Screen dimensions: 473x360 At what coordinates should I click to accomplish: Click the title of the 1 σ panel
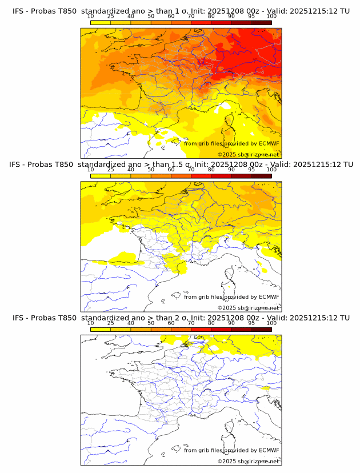click(x=181, y=11)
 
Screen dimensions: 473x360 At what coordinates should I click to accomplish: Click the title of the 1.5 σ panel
click(x=181, y=164)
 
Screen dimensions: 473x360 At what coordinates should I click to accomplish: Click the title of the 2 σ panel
click(x=181, y=318)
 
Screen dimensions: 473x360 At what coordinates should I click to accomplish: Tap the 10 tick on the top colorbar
click(x=91, y=17)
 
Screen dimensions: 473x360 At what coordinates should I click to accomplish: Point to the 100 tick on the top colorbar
click(x=271, y=17)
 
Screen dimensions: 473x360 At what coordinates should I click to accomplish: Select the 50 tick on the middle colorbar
click(x=151, y=170)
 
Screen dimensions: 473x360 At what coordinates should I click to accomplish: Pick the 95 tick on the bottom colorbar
click(x=251, y=323)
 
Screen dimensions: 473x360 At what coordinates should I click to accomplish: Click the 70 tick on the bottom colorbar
click(x=191, y=323)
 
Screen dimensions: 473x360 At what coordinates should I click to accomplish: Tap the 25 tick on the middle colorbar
click(x=111, y=170)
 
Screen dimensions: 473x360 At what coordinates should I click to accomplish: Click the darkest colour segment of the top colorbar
click(x=261, y=23)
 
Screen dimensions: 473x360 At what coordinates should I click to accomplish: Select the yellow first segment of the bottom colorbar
click(x=101, y=330)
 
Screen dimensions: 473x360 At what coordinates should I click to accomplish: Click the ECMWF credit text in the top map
click(x=231, y=143)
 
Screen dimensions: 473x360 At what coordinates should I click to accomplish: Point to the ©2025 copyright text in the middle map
click(x=248, y=308)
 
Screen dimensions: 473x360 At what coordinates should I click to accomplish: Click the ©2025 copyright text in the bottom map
click(x=248, y=461)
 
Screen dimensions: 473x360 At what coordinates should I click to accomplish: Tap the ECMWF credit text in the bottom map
click(x=231, y=450)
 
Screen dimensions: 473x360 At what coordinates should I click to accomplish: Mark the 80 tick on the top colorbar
click(x=211, y=17)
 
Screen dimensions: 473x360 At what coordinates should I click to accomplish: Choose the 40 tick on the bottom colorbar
click(x=131, y=323)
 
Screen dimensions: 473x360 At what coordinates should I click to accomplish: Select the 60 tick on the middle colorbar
click(x=171, y=170)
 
